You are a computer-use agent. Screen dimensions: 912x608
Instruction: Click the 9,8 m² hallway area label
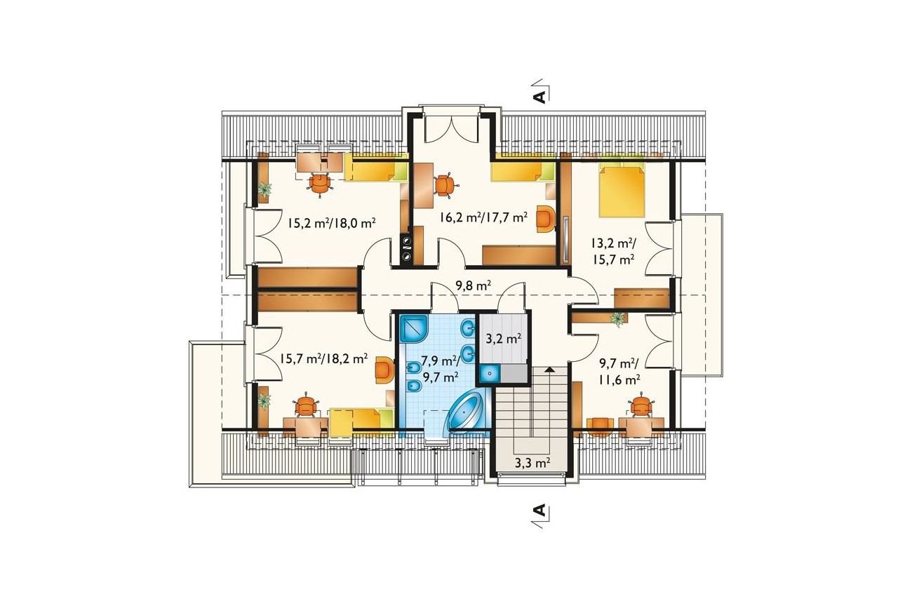click(x=473, y=285)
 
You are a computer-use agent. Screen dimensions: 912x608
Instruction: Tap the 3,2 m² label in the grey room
click(x=504, y=338)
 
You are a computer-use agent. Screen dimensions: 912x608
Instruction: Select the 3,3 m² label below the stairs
click(x=532, y=463)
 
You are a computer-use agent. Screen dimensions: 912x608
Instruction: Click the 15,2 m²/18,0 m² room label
click(x=331, y=223)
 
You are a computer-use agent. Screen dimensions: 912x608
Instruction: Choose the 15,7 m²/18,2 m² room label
click(x=323, y=358)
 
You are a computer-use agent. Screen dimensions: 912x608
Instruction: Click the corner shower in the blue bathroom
click(x=413, y=328)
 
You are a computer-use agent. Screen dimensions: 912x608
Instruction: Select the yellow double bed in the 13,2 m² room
click(x=622, y=189)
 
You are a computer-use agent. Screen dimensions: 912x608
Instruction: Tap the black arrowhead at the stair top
click(x=549, y=370)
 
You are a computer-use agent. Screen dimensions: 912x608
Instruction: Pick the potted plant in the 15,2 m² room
click(x=265, y=189)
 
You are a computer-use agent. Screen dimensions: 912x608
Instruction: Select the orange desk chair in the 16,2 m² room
click(x=445, y=186)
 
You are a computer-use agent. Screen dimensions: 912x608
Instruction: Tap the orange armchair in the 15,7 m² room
click(x=384, y=370)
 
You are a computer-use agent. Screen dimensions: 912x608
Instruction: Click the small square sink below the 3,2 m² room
click(x=490, y=374)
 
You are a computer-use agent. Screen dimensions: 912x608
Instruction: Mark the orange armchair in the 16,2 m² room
click(x=546, y=219)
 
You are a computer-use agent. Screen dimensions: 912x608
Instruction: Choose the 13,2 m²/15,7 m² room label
click(x=613, y=251)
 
